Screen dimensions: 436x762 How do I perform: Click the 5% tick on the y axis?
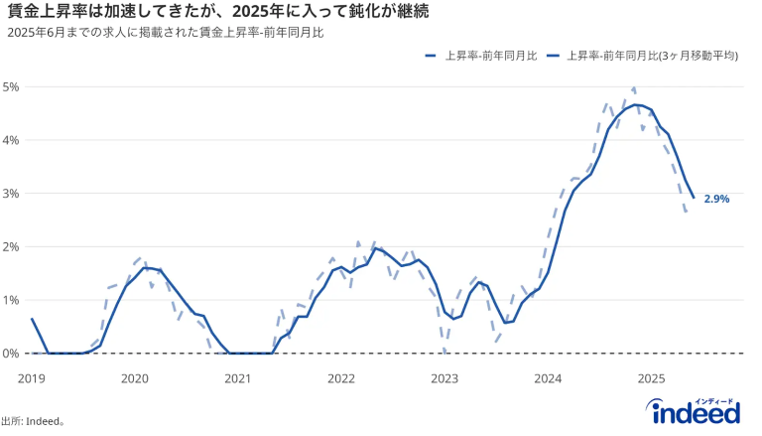[12, 86]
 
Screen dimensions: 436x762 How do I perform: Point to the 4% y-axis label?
[12, 140]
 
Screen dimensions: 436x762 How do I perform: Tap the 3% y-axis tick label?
[12, 194]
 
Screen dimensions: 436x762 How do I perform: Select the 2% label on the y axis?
[12, 246]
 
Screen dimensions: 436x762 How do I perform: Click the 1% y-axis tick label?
[12, 300]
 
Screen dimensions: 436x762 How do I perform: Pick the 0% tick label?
[12, 354]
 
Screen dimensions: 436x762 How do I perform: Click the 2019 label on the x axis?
[32, 378]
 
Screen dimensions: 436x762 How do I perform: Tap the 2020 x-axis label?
[135, 378]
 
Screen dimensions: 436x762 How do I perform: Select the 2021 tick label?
[238, 378]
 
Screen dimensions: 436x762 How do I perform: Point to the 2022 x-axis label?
[341, 378]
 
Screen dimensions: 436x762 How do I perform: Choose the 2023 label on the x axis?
[444, 378]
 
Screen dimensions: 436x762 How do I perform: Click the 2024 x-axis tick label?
[548, 378]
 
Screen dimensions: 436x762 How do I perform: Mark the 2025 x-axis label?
[651, 378]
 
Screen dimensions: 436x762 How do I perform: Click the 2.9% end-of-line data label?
[716, 199]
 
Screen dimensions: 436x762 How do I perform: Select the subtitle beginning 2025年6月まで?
[165, 33]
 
